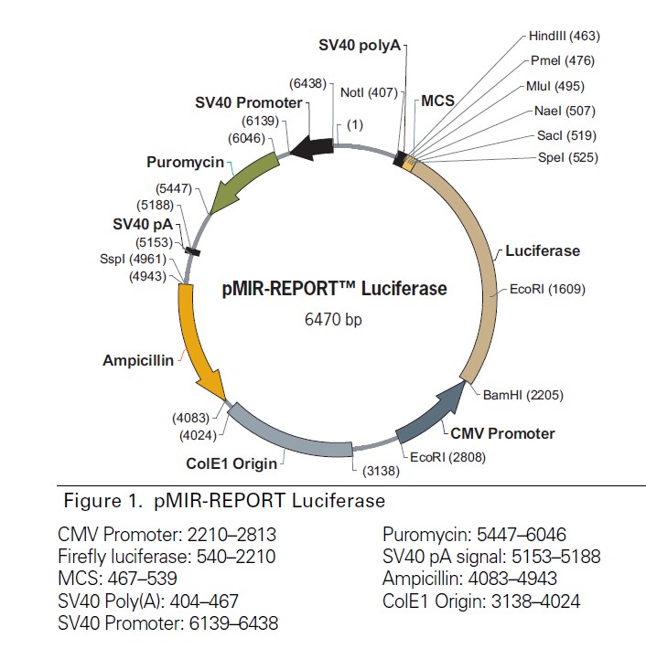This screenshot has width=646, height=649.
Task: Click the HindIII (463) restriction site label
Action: coord(563,36)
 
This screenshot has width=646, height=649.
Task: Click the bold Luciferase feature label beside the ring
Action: coord(543,250)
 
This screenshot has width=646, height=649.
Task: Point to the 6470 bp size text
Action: coord(334,320)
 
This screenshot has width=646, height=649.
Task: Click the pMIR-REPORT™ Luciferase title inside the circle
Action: coord(335,290)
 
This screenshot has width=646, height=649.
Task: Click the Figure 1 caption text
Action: coord(224,501)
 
